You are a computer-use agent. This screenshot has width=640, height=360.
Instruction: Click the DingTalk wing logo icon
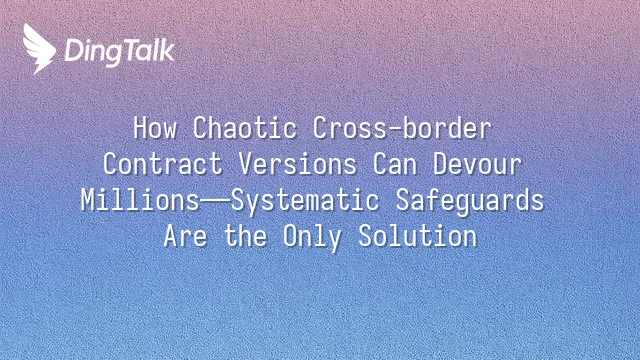click(x=39, y=49)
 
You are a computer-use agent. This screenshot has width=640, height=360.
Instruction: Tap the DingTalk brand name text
click(x=120, y=52)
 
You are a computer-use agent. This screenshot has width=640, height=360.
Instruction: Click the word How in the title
click(x=155, y=128)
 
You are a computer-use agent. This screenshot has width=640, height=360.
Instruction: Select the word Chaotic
click(x=244, y=128)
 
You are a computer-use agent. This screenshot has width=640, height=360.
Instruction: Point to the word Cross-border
click(x=402, y=128)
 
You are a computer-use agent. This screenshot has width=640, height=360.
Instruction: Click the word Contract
click(x=162, y=164)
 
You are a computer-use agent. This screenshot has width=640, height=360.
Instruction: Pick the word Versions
click(x=298, y=164)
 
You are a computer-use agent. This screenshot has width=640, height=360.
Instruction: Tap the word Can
click(x=395, y=164)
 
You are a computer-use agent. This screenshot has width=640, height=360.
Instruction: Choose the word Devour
click(x=477, y=164)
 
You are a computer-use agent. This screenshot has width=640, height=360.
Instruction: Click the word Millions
click(x=140, y=200)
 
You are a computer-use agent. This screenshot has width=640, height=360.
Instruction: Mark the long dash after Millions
click(x=215, y=201)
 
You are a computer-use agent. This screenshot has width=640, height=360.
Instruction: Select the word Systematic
click(x=305, y=201)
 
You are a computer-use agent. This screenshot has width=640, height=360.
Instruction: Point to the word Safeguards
click(x=470, y=201)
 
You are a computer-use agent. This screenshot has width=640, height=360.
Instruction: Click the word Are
click(x=185, y=236)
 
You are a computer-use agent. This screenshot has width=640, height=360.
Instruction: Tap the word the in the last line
click(x=245, y=236)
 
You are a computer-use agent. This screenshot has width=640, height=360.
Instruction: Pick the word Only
click(x=313, y=238)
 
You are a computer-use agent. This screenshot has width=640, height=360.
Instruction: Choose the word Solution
click(x=418, y=236)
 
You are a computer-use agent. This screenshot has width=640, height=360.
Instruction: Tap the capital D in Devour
click(x=440, y=164)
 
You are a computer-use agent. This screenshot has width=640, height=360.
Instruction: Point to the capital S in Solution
click(x=366, y=236)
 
